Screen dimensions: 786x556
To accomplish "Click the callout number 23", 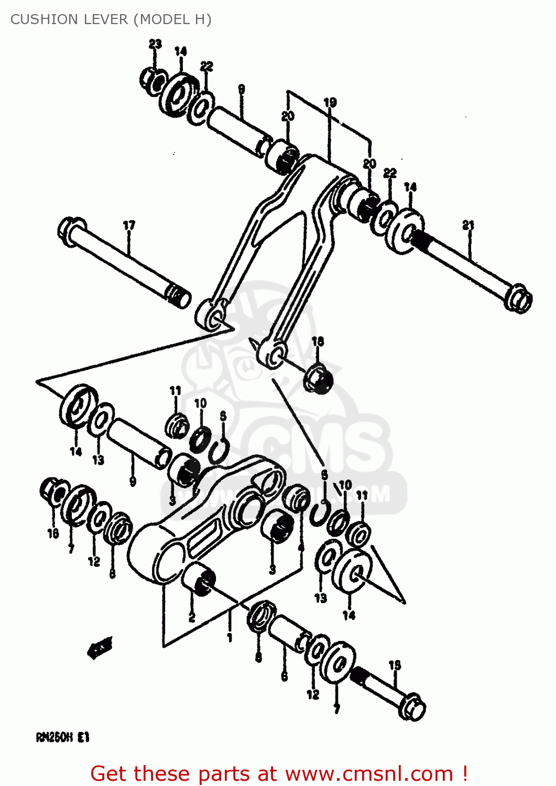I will point(155,44).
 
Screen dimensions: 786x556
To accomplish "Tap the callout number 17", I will point(129,225).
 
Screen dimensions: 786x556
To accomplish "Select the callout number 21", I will point(468,225).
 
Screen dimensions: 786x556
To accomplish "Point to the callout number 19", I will point(330,103).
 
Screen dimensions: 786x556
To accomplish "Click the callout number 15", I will point(395,665).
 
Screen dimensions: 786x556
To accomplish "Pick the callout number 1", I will point(230,638).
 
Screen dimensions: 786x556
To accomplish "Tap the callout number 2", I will point(192,618).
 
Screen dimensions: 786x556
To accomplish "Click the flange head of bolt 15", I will point(412,708).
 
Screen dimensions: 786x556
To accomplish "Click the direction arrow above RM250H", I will point(100,649).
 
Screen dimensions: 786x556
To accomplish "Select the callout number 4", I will point(300,548).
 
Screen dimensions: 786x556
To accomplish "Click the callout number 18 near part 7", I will point(53,533).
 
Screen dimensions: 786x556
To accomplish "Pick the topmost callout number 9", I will point(241,89).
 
